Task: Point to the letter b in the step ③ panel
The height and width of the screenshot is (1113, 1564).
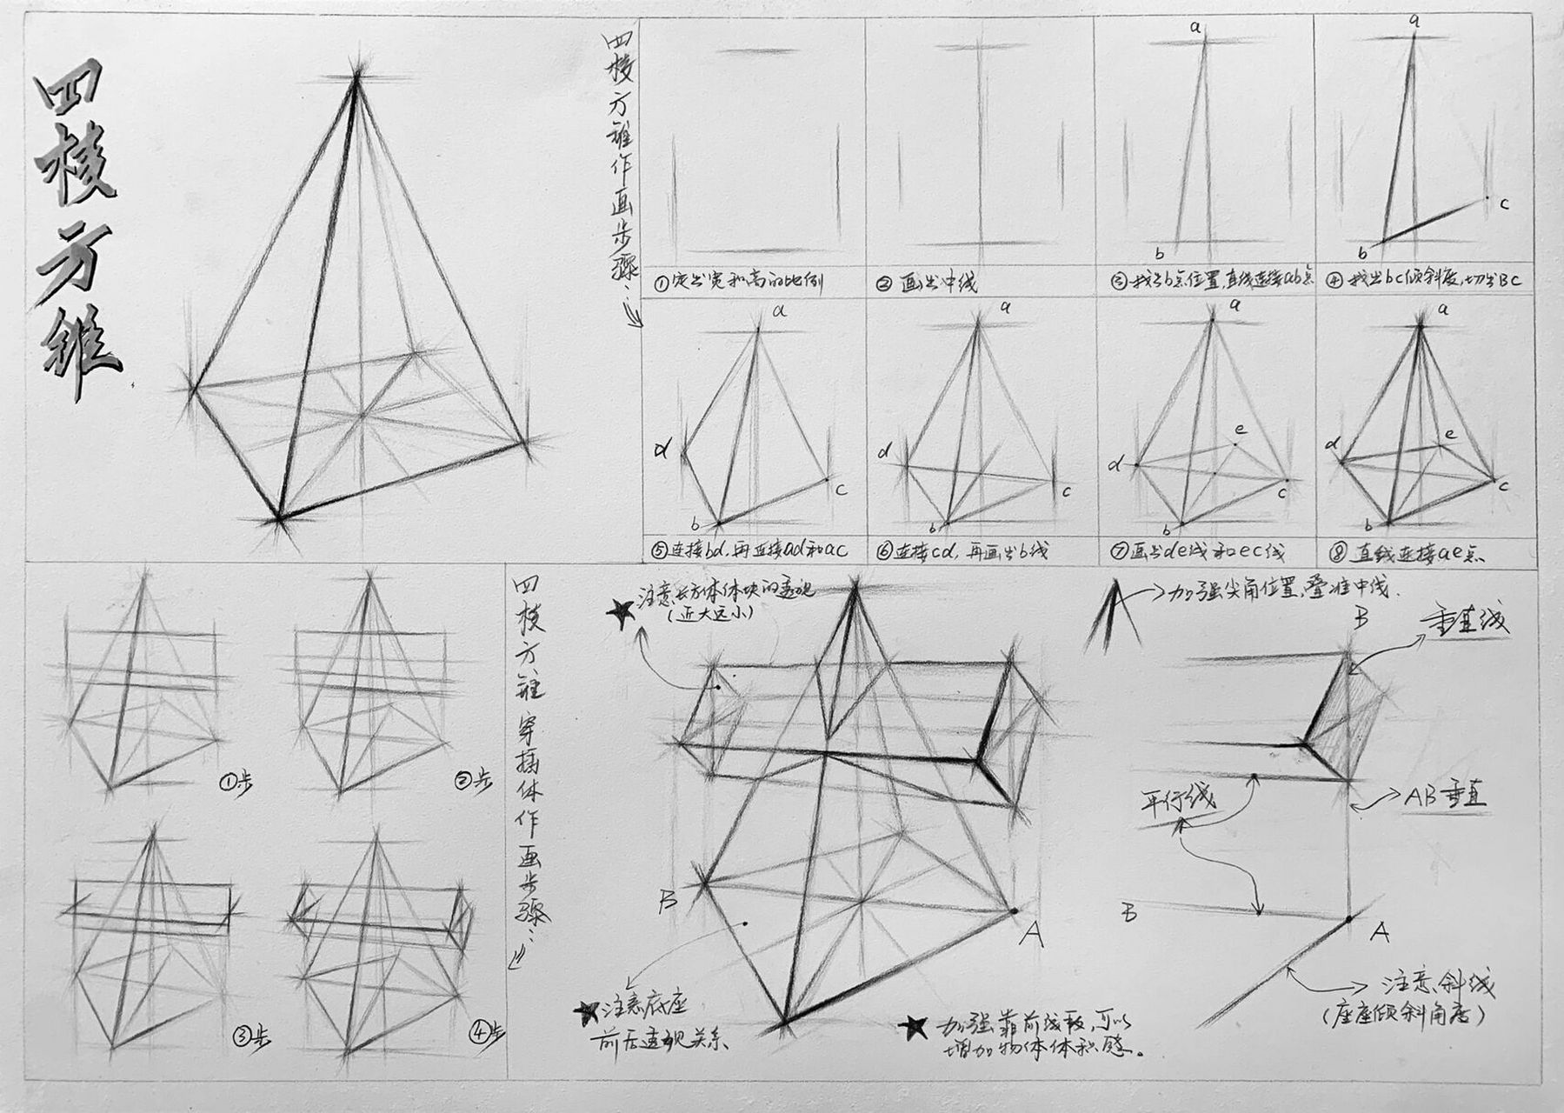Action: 1159,253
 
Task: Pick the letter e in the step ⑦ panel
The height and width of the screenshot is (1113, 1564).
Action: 1240,429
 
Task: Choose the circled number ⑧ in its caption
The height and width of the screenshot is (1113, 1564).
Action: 1340,551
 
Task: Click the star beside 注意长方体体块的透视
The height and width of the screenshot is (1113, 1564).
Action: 622,613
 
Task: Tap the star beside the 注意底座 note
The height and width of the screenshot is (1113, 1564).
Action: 588,1012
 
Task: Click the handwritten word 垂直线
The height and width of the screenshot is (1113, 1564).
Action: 1465,621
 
